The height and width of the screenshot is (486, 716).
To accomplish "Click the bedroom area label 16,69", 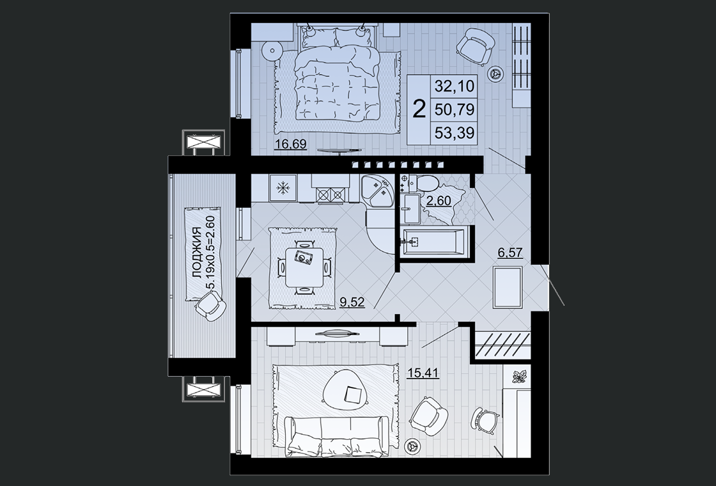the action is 290,145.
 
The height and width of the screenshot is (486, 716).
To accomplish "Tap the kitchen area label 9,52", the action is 352,301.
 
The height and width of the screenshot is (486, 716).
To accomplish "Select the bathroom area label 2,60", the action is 439,201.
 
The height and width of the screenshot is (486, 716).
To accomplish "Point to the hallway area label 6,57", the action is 510,252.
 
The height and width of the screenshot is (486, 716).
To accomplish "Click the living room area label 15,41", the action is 423,373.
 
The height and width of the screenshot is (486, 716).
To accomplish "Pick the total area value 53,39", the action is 455,133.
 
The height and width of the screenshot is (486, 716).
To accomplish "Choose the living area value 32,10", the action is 455,86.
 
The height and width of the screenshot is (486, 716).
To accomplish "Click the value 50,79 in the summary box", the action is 455,109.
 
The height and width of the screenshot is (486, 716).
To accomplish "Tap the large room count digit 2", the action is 419,109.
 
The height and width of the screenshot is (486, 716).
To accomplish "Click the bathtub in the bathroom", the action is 433,241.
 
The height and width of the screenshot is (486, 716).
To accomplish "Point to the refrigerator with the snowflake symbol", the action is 284,188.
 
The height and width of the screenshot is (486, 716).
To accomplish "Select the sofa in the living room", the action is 337,436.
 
